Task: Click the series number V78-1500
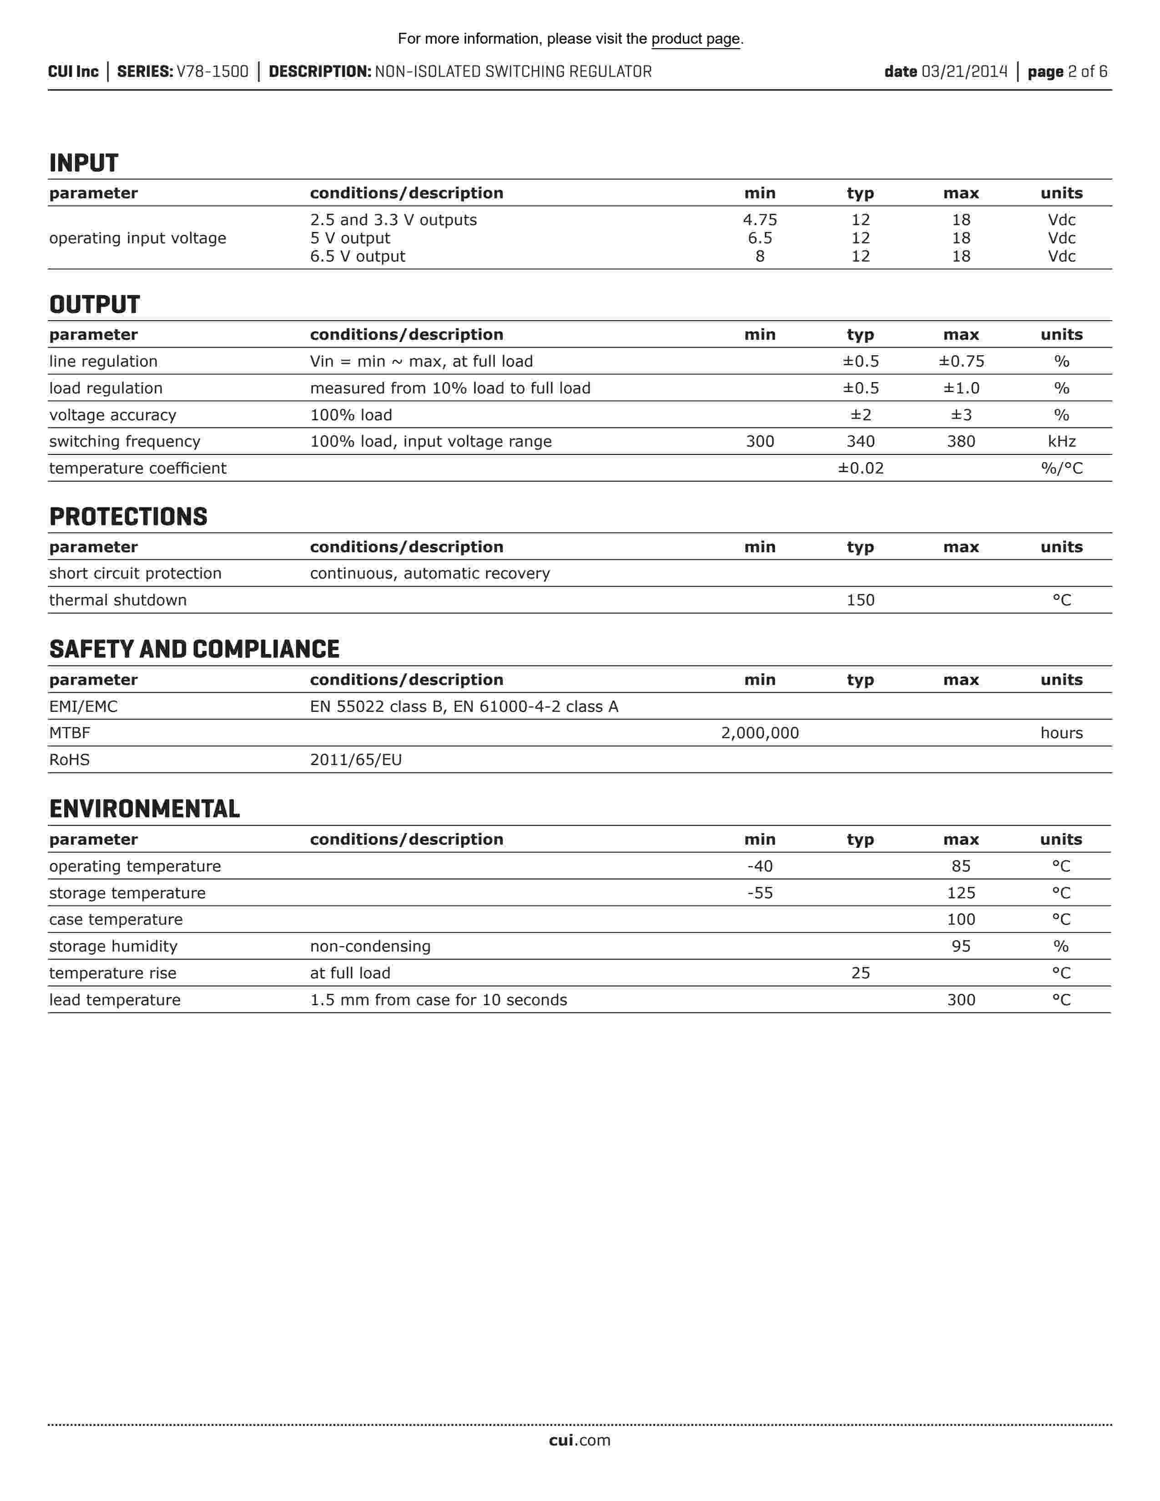pyautogui.click(x=212, y=71)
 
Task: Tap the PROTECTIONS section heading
pyautogui.click(x=128, y=517)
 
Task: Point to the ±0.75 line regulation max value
pyautogui.click(x=961, y=362)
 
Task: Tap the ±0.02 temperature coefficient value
pyautogui.click(x=860, y=468)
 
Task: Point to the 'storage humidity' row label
pyautogui.click(x=113, y=947)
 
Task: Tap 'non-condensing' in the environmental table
pyautogui.click(x=370, y=947)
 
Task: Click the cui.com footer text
pyautogui.click(x=579, y=1440)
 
